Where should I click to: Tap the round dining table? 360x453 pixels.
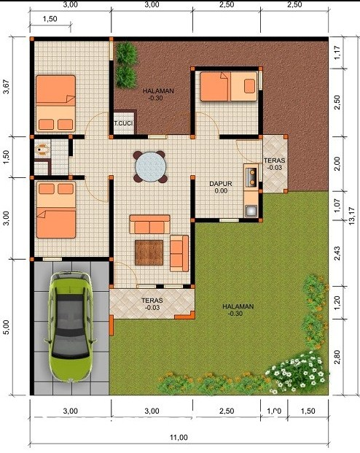(151, 166)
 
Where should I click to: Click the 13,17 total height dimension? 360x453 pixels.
(351, 216)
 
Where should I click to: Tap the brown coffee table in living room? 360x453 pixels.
(150, 252)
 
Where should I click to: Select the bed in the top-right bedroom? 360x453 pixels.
(227, 86)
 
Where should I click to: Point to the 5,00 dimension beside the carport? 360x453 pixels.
(7, 328)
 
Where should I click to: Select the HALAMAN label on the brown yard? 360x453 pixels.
(158, 91)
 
